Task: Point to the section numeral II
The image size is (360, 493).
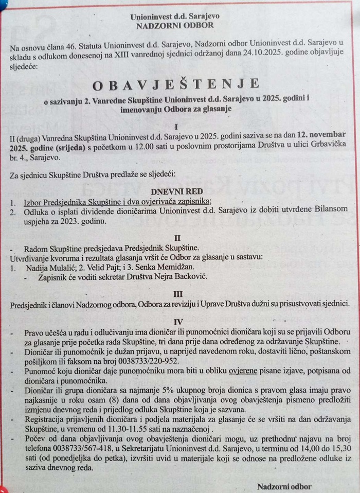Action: point(177,238)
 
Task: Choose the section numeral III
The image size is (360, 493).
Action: point(177,293)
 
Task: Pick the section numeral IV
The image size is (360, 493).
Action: point(178,322)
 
